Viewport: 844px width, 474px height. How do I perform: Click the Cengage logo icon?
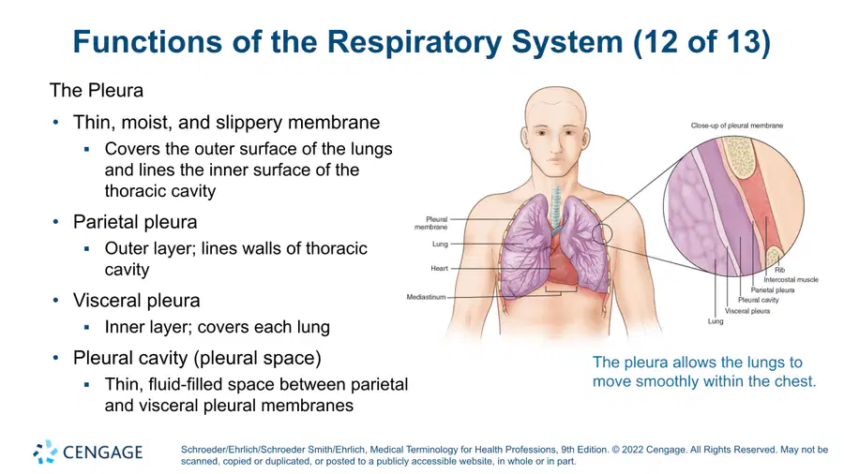click(45, 452)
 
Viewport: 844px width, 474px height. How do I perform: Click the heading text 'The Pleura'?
click(97, 90)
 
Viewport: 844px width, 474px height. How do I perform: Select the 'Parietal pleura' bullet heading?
click(135, 222)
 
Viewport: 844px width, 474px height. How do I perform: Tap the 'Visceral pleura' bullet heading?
click(136, 301)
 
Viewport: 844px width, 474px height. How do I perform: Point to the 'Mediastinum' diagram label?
click(427, 297)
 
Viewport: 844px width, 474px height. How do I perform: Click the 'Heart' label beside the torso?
click(439, 268)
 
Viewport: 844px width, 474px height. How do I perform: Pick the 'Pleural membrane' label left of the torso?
click(431, 223)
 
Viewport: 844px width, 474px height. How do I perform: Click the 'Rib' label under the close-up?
click(779, 270)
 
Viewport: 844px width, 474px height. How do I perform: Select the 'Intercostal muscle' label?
click(791, 279)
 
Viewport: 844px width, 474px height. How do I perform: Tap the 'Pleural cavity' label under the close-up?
click(759, 300)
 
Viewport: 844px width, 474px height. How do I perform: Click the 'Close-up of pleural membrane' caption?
click(737, 126)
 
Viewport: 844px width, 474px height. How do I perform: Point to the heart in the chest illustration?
click(563, 264)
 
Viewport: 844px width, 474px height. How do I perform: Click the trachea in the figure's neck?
click(555, 207)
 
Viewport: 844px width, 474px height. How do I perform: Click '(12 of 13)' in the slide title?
click(701, 42)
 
